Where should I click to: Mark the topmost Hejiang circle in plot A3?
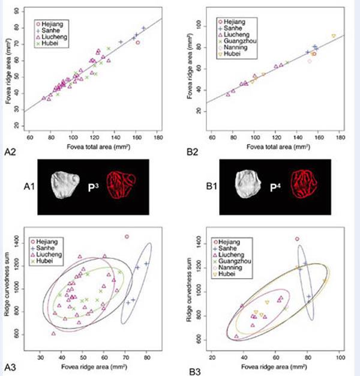tap(126, 237)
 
